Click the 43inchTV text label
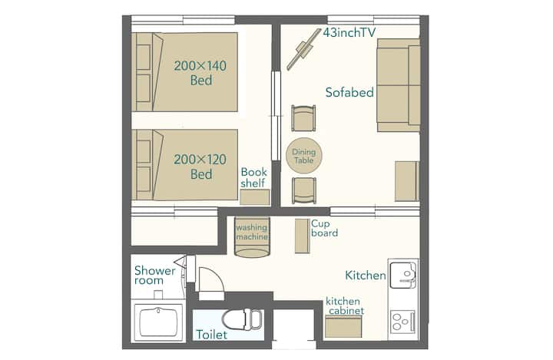click(x=349, y=32)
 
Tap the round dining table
click(x=303, y=156)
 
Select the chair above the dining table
click(x=303, y=118)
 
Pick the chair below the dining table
click(x=303, y=191)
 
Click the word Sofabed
click(x=349, y=92)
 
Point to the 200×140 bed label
click(x=200, y=73)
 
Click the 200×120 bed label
click(x=200, y=167)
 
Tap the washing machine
click(x=252, y=237)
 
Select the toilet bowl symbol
click(x=242, y=319)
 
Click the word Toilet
click(x=212, y=334)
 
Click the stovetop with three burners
click(x=402, y=322)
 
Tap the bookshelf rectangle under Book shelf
click(x=255, y=197)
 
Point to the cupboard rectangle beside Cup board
click(x=302, y=236)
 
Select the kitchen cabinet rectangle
click(x=343, y=326)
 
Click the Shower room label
click(x=155, y=276)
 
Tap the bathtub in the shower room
click(x=158, y=322)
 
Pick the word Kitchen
click(x=366, y=275)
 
